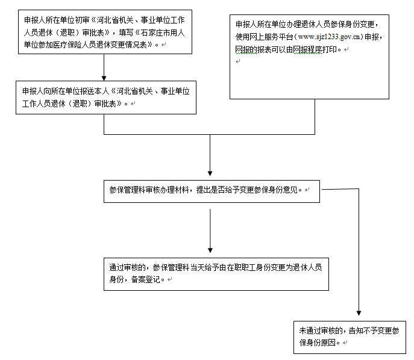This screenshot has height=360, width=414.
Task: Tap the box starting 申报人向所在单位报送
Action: (107, 98)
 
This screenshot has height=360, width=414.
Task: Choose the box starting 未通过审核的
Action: (350, 337)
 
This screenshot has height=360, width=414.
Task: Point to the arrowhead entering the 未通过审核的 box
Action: (359, 314)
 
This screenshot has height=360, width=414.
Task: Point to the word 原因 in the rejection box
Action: (331, 343)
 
